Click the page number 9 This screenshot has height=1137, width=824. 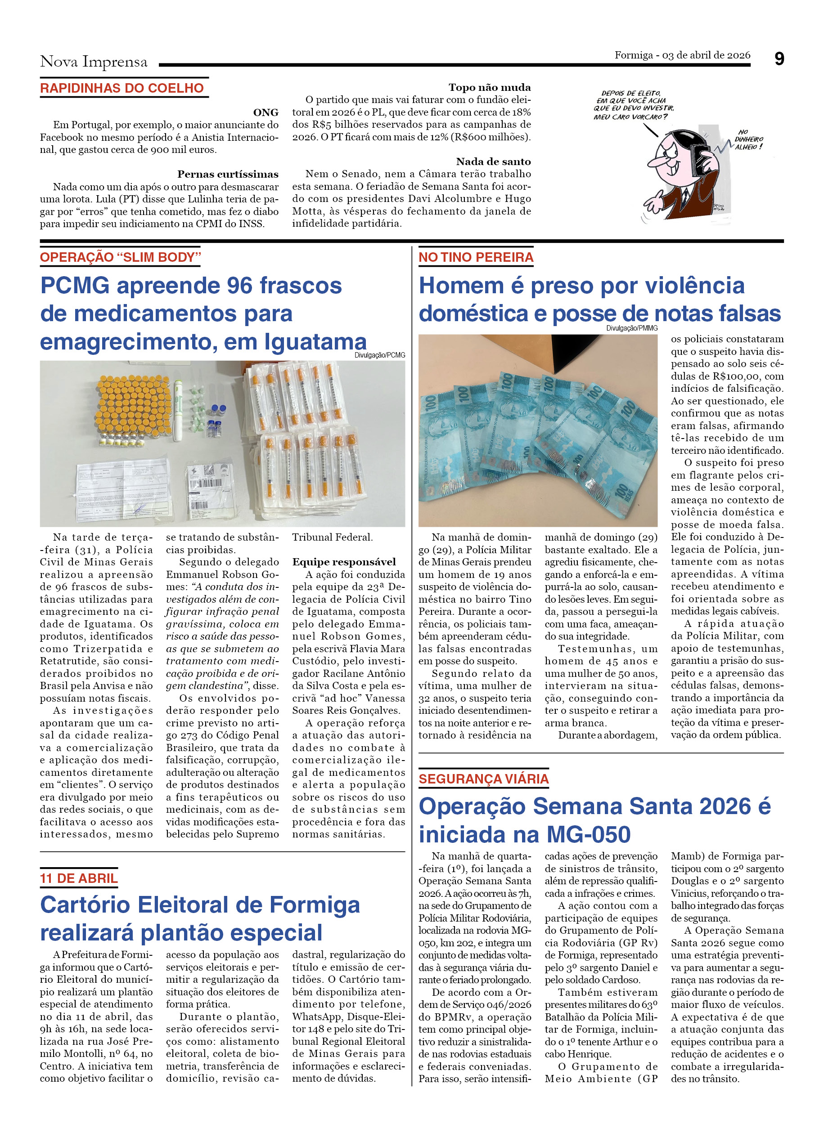(779, 59)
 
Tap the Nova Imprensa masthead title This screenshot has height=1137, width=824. (94, 62)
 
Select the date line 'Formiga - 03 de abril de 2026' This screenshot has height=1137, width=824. (682, 55)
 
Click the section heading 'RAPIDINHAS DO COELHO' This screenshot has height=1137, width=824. (122, 88)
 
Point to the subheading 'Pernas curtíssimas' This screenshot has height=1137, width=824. (228, 175)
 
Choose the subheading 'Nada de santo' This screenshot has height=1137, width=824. (493, 161)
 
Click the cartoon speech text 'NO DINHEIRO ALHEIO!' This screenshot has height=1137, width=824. (748, 139)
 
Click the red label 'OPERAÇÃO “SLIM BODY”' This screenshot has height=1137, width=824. (120, 257)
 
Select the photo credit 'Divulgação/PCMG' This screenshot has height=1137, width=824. (380, 355)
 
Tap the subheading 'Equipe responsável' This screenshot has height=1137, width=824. (344, 562)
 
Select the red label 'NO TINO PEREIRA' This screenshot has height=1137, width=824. (476, 257)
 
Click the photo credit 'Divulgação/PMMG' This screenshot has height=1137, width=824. (631, 328)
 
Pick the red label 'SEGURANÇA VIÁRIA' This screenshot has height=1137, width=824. (483, 779)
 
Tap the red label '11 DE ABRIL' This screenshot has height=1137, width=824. (79, 878)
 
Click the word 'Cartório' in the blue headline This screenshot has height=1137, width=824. (85, 905)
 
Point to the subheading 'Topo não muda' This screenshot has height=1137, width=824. (489, 87)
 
